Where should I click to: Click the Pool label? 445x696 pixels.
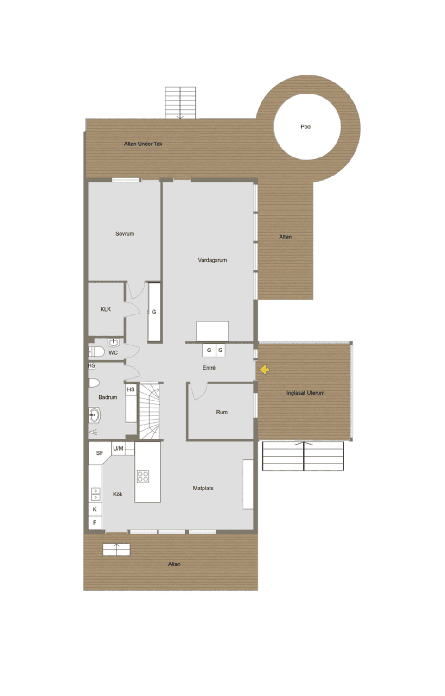(x=305, y=127)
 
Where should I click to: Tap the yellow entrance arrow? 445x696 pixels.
(x=264, y=370)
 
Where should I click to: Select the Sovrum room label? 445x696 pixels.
(x=125, y=234)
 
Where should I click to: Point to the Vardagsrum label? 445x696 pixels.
(x=212, y=260)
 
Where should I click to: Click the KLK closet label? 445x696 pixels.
(x=105, y=309)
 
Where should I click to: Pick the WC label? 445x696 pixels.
(x=113, y=353)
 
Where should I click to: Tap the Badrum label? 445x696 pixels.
(x=108, y=397)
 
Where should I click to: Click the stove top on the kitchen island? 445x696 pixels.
(x=143, y=477)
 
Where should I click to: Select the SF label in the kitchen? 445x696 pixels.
(x=100, y=453)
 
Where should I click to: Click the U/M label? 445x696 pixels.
(x=118, y=448)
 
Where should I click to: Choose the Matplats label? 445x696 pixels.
(x=203, y=488)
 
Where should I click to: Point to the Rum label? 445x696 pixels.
(x=222, y=412)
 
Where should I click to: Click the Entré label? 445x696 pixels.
(x=209, y=368)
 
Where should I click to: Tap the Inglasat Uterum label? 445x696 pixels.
(x=305, y=393)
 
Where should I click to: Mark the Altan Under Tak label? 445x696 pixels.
(x=143, y=144)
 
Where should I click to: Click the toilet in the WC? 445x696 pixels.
(x=96, y=352)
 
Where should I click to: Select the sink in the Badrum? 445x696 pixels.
(x=95, y=415)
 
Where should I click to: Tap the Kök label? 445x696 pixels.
(x=118, y=494)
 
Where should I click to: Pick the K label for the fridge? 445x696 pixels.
(x=95, y=509)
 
